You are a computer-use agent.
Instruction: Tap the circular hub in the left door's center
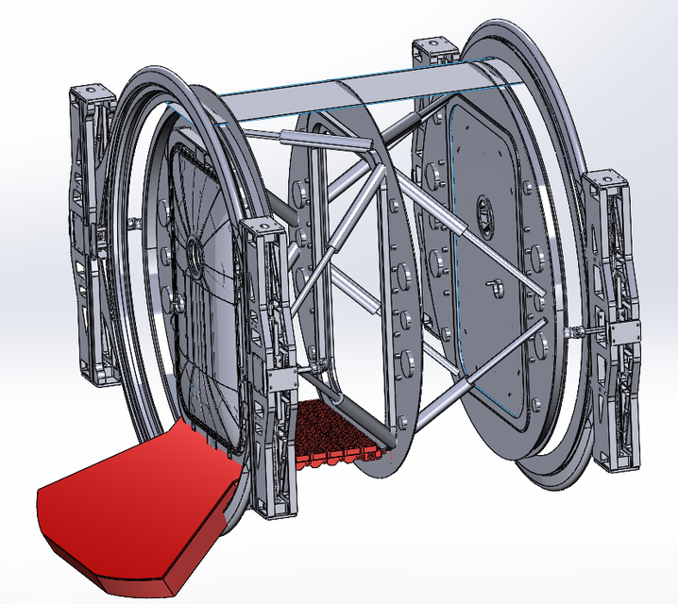(x=194, y=254)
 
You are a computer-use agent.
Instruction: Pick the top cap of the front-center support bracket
(x=260, y=226)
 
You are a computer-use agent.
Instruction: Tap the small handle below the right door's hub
(x=494, y=282)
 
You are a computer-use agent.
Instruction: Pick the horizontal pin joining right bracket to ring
(x=577, y=332)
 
